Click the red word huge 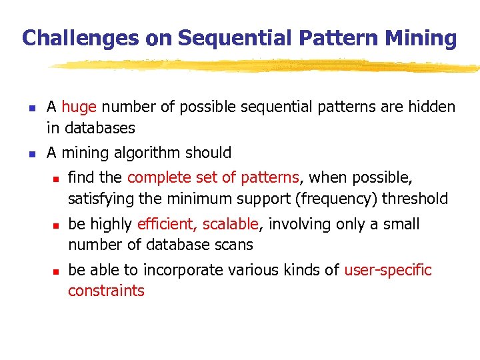(79, 107)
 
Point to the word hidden (431, 107)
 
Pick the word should (209, 153)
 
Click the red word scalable (230, 224)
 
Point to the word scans (236, 245)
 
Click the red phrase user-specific (388, 270)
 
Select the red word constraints (106, 291)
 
